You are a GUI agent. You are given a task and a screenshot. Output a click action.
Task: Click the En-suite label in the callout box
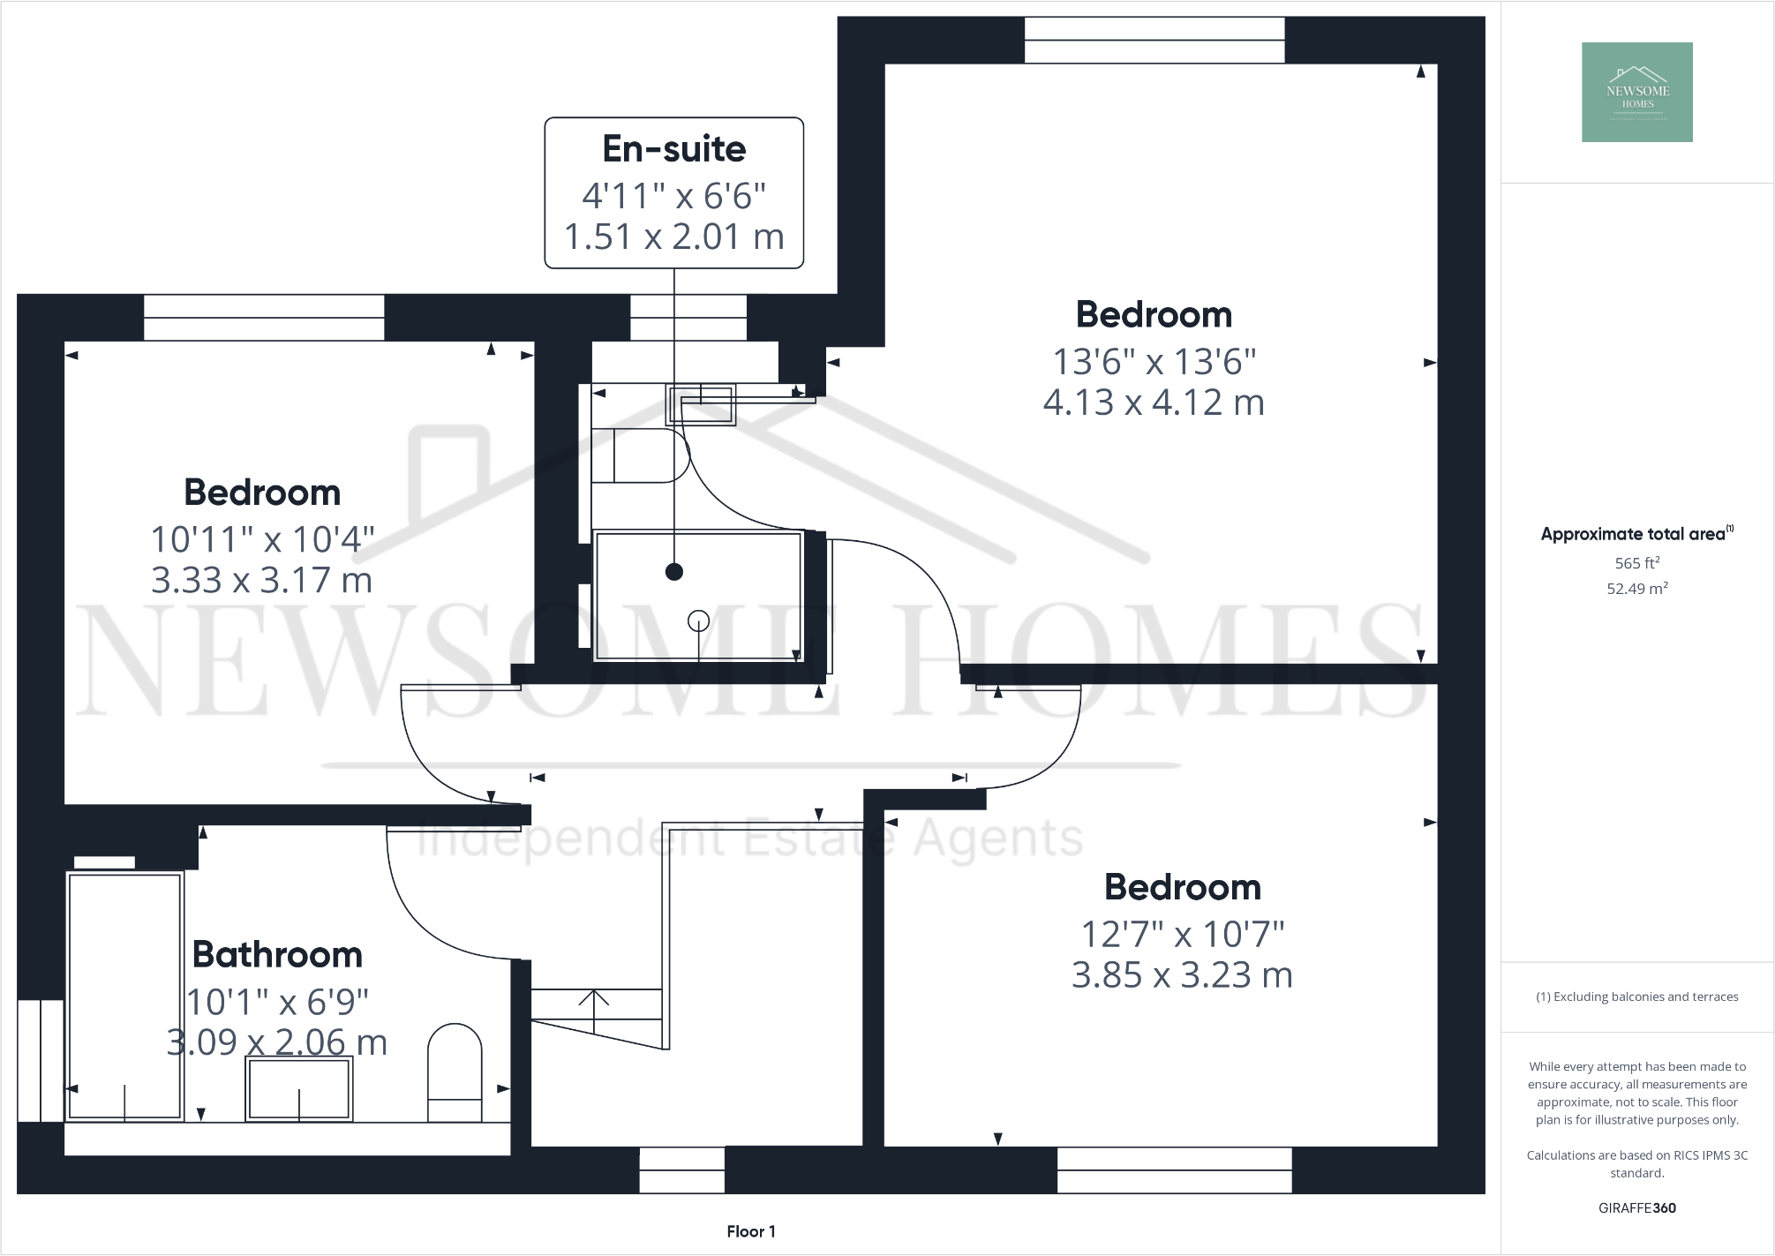(x=673, y=149)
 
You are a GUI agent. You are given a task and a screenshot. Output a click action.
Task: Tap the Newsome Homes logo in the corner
(x=1636, y=92)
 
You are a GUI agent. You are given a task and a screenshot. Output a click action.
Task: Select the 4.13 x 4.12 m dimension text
(x=1153, y=402)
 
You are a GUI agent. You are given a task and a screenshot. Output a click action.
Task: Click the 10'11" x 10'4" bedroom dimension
(x=262, y=539)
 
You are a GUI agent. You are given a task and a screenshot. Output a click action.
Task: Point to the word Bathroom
(x=277, y=955)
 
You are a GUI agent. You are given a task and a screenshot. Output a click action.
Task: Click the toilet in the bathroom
(x=455, y=1071)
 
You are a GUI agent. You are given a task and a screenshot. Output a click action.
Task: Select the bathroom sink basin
(x=298, y=1088)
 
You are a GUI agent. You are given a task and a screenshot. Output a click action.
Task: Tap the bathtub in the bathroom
(x=124, y=996)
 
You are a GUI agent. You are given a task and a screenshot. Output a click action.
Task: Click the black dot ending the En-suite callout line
(x=674, y=572)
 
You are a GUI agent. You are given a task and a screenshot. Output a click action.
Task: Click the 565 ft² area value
(x=1636, y=563)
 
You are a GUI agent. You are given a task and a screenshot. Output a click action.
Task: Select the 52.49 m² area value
(x=1636, y=589)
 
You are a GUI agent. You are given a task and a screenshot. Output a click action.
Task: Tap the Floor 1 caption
(x=751, y=1231)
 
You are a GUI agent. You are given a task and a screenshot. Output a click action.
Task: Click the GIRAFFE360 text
(x=1636, y=1207)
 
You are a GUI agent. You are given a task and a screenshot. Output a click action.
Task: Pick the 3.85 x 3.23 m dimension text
(x=1182, y=975)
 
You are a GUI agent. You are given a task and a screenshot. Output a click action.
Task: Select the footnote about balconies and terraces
(x=1636, y=997)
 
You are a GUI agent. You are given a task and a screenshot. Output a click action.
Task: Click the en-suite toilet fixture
(x=640, y=456)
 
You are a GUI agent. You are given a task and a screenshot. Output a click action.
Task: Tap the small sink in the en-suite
(x=701, y=405)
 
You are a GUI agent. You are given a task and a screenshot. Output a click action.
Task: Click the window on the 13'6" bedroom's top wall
(x=1154, y=41)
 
